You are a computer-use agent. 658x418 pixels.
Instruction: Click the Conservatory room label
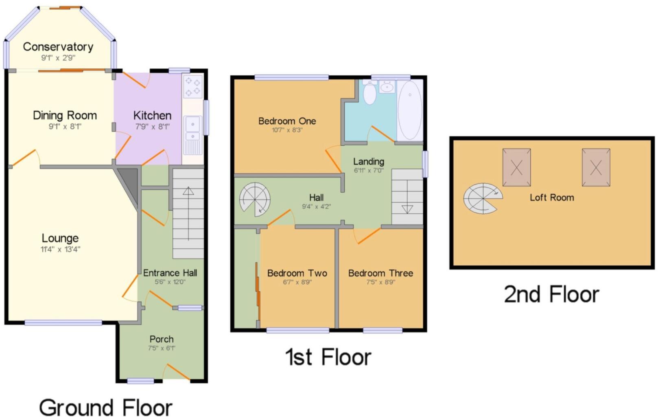pyautogui.click(x=58, y=47)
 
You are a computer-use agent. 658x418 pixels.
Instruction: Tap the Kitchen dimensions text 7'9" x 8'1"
pyautogui.click(x=152, y=127)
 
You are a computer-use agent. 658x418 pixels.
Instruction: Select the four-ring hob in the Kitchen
pyautogui.click(x=192, y=87)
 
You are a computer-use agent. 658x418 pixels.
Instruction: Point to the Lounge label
pyautogui.click(x=60, y=238)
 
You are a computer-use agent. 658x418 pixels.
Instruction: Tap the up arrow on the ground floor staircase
pyautogui.click(x=188, y=191)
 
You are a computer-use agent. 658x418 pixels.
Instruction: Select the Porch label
pyautogui.click(x=162, y=339)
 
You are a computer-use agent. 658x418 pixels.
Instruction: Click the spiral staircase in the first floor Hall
pyautogui.click(x=255, y=199)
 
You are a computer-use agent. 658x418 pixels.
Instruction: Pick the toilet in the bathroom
pyautogui.click(x=369, y=93)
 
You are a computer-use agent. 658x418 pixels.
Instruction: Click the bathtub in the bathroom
pyautogui.click(x=410, y=110)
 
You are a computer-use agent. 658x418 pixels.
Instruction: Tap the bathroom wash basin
pyautogui.click(x=387, y=87)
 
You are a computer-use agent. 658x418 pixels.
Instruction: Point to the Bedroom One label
pyautogui.click(x=287, y=121)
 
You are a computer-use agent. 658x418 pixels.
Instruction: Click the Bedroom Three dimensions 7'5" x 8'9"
pyautogui.click(x=380, y=282)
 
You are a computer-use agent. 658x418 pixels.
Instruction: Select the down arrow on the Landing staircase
pyautogui.click(x=407, y=209)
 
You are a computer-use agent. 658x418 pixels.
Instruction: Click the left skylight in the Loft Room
pyautogui.click(x=516, y=167)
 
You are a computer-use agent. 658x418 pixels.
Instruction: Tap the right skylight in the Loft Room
pyautogui.click(x=596, y=167)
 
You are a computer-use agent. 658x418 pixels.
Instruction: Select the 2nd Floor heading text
pyautogui.click(x=551, y=294)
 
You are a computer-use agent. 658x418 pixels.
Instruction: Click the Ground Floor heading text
pyautogui.click(x=106, y=407)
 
